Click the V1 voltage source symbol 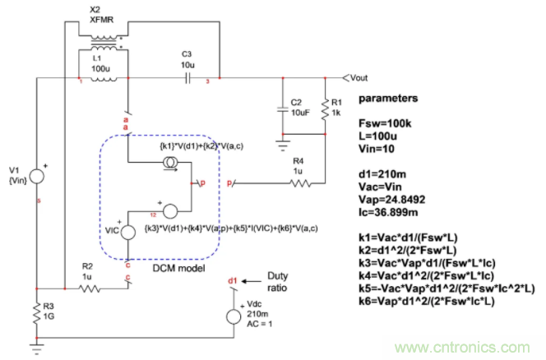click(x=38, y=173)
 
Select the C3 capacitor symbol click(x=187, y=80)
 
